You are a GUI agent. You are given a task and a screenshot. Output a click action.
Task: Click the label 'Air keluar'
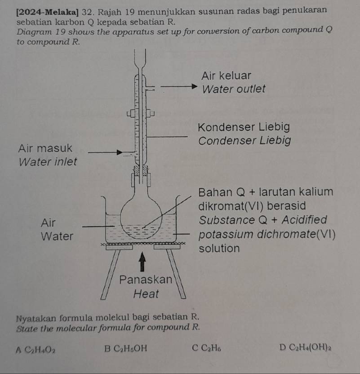(227, 75)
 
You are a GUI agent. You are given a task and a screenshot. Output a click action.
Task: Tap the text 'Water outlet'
(234, 89)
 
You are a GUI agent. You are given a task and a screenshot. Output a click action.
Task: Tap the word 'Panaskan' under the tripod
(146, 280)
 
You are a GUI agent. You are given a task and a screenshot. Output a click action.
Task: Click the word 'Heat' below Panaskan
(147, 294)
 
